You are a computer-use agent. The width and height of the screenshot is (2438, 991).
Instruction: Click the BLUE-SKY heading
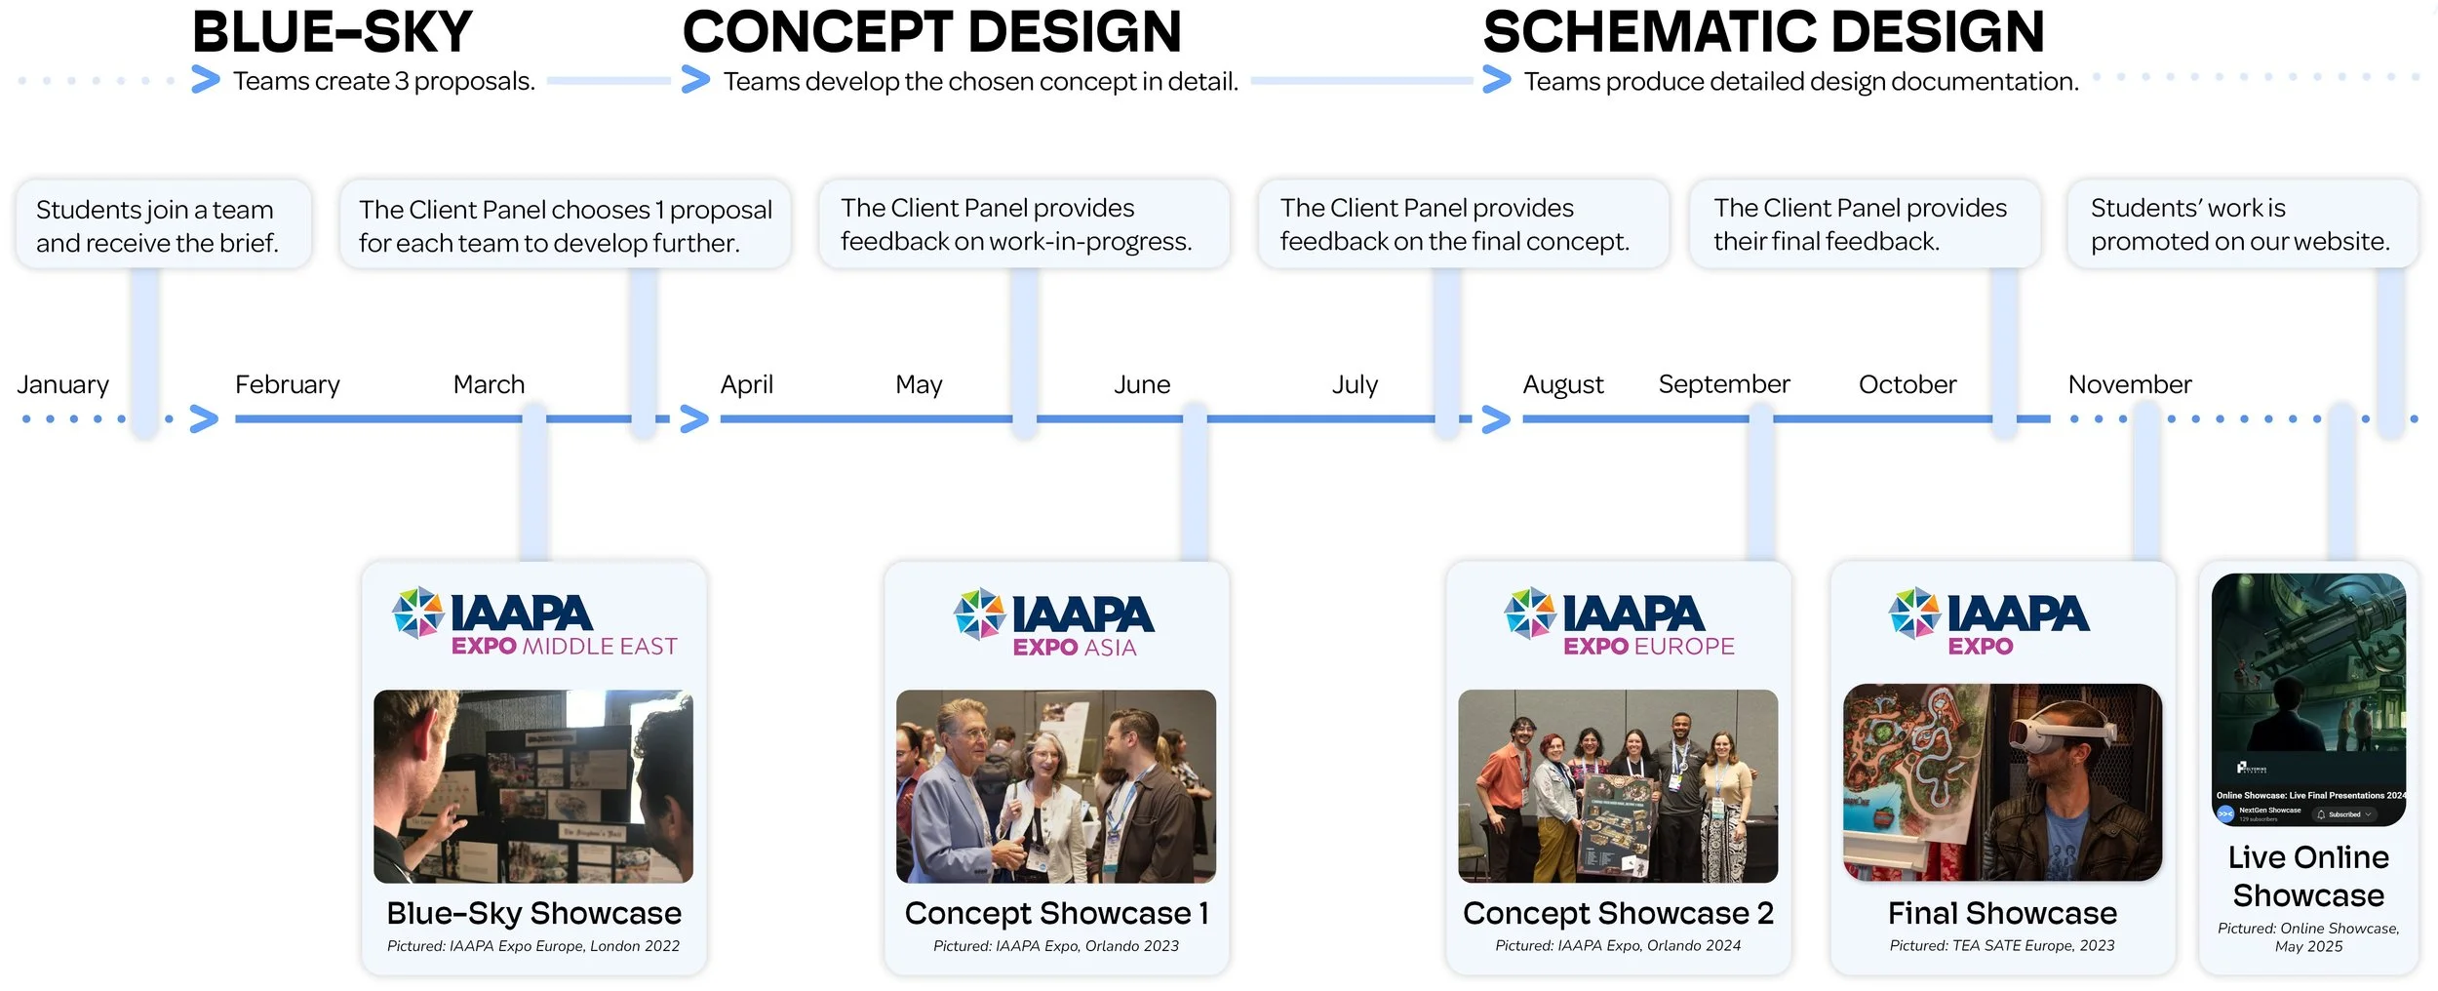point(332,32)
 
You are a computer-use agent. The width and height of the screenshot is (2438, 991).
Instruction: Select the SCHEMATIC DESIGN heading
point(1763,32)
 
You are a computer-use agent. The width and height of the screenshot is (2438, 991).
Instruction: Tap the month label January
point(63,384)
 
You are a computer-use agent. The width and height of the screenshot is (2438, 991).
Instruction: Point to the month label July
point(1355,384)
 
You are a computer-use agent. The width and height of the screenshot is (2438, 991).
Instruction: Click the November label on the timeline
point(2129,384)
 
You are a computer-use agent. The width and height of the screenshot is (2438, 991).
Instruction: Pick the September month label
point(1723,384)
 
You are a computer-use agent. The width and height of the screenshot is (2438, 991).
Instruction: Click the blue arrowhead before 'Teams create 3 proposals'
point(205,79)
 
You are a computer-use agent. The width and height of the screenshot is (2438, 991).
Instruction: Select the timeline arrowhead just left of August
point(1495,419)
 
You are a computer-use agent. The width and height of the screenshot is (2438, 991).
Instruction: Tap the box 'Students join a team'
point(163,224)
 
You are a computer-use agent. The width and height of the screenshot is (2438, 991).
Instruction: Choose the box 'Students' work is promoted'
point(2241,224)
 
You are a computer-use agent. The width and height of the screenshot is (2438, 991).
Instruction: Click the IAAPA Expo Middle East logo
point(533,621)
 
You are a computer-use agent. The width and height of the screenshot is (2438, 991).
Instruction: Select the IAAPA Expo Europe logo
point(1618,621)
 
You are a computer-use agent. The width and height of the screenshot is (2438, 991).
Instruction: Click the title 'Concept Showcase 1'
point(1056,913)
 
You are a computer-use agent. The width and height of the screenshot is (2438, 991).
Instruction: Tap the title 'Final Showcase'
point(2002,913)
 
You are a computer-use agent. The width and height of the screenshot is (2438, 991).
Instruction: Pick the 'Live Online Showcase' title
point(2308,876)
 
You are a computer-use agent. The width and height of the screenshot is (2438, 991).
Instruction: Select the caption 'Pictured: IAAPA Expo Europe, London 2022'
point(533,945)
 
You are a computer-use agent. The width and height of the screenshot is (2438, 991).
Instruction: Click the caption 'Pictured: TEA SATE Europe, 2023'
point(2002,945)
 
